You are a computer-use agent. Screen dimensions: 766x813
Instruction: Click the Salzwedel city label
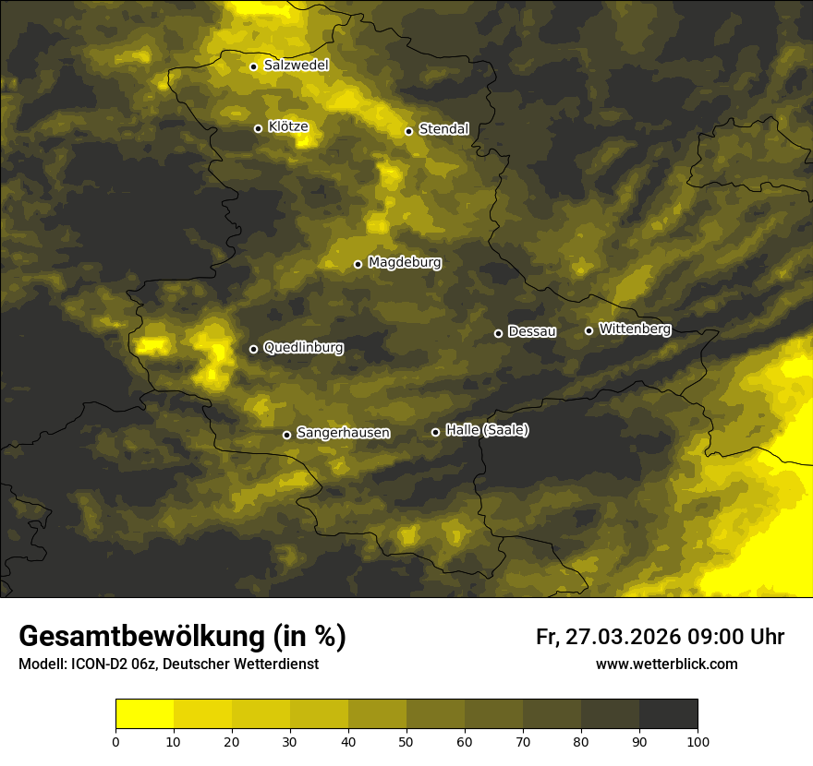point(296,66)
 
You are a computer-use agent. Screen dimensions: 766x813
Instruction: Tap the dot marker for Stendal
point(408,131)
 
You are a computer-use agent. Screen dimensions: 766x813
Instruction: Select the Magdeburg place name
point(404,263)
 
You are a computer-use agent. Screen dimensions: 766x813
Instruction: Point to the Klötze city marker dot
point(258,128)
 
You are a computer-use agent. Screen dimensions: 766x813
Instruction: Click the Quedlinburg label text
point(303,348)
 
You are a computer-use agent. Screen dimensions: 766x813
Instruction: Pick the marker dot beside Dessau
point(498,333)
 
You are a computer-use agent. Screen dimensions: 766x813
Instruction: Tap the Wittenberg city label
point(635,329)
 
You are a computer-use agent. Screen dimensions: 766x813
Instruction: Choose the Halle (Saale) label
point(487,430)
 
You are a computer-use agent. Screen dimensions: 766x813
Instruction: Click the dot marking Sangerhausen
point(286,435)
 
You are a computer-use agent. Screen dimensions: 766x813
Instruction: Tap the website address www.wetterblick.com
point(666,664)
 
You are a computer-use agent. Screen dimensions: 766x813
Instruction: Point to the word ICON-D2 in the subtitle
point(95,664)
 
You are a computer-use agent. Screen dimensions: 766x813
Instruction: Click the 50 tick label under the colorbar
point(406,741)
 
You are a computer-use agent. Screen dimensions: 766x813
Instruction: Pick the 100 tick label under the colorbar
point(698,741)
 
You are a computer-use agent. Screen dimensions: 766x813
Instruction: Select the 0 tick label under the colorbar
point(115,741)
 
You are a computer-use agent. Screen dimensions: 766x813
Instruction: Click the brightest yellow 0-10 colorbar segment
point(144,714)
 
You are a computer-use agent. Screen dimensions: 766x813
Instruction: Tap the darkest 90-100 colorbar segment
point(668,714)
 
